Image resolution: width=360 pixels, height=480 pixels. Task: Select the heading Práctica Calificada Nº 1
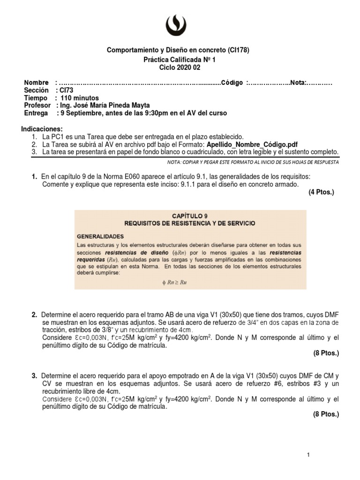pos(180,60)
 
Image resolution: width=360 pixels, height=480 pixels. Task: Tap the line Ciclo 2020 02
pos(180,68)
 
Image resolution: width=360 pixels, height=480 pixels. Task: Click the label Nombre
pos(36,83)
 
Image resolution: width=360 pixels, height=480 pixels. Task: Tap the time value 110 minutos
pos(80,98)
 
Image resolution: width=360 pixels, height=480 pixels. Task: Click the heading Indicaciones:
pos(42,129)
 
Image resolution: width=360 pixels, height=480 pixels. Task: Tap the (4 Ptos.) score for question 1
pos(322,192)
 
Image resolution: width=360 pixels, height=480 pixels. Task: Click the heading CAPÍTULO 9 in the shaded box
pos(189,215)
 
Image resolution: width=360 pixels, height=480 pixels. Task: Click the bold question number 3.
pos(34,376)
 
